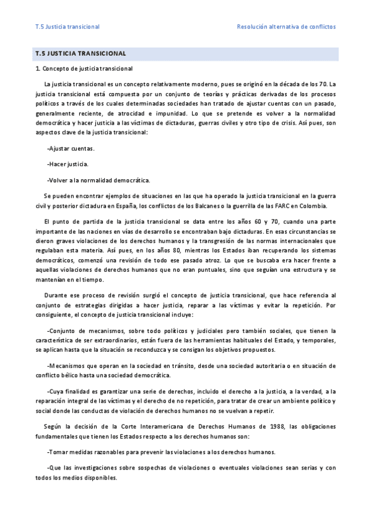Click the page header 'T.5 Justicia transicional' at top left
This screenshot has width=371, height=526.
click(x=68, y=27)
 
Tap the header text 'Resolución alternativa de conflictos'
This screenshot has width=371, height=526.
click(x=286, y=27)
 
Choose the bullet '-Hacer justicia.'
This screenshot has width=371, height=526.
click(x=68, y=164)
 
